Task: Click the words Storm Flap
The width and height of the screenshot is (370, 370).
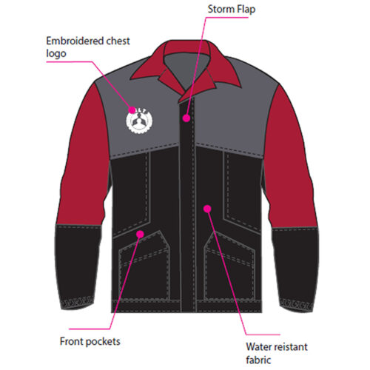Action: [x=232, y=10]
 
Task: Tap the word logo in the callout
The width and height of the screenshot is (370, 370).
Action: [x=56, y=54]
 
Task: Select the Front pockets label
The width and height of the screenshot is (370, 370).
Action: [x=90, y=342]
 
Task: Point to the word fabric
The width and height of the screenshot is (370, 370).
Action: [x=258, y=360]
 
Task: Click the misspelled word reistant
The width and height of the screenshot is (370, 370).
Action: [x=291, y=347]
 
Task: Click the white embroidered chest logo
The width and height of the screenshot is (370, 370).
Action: [x=139, y=121]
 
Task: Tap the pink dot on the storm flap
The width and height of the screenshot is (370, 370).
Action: [x=186, y=118]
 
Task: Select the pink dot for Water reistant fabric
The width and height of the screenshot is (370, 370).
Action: [x=207, y=209]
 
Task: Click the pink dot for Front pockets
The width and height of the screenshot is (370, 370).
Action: [x=140, y=234]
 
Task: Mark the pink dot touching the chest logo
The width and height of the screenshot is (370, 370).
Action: [x=132, y=110]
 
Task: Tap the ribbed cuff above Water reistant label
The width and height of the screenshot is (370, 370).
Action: [x=296, y=305]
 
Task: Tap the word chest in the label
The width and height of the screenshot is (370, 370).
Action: [x=118, y=41]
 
